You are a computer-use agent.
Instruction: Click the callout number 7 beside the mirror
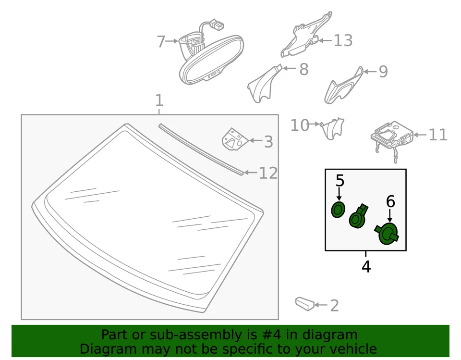click(x=161, y=42)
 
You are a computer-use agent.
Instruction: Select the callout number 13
click(x=343, y=41)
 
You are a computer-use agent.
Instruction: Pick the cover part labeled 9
click(x=343, y=87)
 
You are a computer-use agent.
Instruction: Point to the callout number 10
click(x=300, y=125)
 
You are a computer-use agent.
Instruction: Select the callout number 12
click(x=268, y=173)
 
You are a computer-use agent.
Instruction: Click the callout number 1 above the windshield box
click(x=159, y=101)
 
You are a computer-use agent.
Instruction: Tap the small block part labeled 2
click(x=304, y=303)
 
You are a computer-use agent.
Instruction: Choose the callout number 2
click(x=334, y=306)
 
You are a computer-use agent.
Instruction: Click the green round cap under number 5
click(x=339, y=210)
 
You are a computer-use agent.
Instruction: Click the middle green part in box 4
click(x=358, y=218)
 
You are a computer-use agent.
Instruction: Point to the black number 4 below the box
click(x=366, y=266)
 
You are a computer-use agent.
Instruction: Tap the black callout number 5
click(x=340, y=181)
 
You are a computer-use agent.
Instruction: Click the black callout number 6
click(x=390, y=201)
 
